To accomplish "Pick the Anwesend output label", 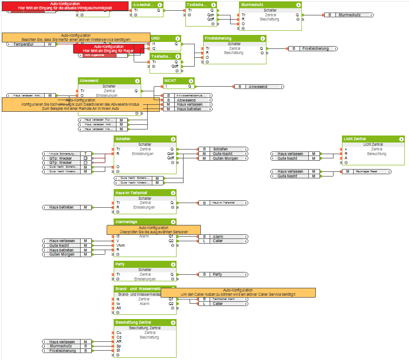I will (x=258, y=87).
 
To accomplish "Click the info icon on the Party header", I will (x=173, y=264).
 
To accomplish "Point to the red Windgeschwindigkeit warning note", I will (x=65, y=6).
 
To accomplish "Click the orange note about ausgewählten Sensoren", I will (x=153, y=229).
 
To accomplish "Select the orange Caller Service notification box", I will (x=238, y=292).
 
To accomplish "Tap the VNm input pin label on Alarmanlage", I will (x=120, y=245).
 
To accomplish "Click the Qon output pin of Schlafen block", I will (x=170, y=154).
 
